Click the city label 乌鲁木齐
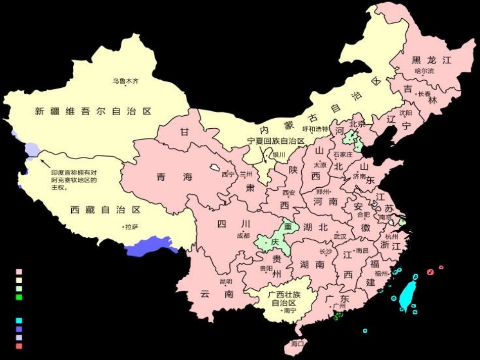[125, 80]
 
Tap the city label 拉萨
[131, 227]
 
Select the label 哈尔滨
[424, 71]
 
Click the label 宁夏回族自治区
[276, 141]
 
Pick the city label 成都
[243, 235]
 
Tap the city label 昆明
[226, 281]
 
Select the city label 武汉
[340, 236]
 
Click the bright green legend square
[19, 297]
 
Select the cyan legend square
[19, 321]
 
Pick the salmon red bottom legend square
[19, 346]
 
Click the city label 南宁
[290, 311]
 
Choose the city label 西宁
[228, 175]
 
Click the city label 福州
[381, 273]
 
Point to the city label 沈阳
[406, 113]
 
